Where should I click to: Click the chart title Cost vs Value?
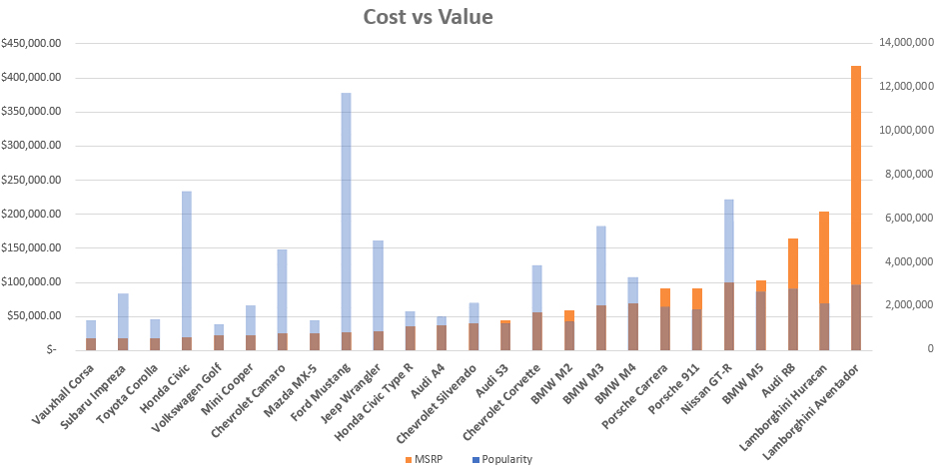click(427, 17)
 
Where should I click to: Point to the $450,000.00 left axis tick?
click(33, 43)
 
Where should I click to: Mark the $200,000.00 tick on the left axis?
click(33, 214)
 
